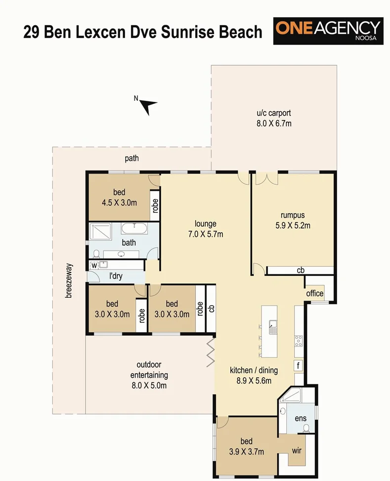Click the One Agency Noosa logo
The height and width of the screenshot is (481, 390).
(328, 31)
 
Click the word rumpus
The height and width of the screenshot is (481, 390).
(293, 215)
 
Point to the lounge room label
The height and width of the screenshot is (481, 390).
(205, 223)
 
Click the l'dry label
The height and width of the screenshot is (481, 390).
(115, 276)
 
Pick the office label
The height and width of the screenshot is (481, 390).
(314, 293)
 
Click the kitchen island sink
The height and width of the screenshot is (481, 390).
(272, 327)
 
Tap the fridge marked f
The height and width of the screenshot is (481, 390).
(298, 366)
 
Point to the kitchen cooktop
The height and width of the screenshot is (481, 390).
(299, 340)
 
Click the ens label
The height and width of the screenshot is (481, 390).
(301, 418)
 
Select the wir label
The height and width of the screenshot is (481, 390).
(297, 451)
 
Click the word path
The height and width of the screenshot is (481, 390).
(132, 159)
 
